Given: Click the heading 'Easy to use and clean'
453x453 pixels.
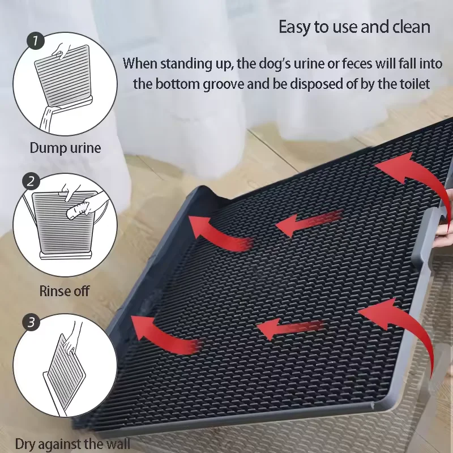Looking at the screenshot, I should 354,27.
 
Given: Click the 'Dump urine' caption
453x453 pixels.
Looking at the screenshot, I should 65,148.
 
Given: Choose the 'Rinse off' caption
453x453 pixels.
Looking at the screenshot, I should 65,292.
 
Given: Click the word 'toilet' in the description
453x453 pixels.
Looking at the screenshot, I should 414,84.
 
